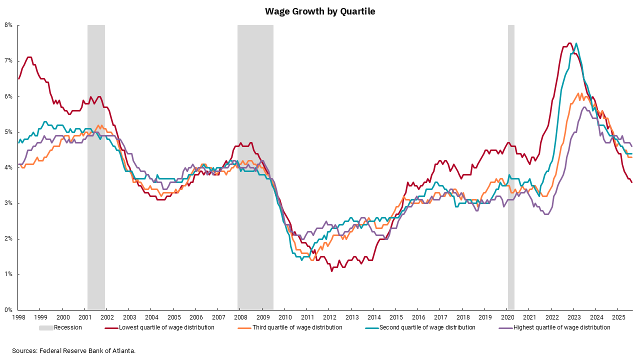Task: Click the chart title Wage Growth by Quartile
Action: point(320,11)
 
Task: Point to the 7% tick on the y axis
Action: point(9,61)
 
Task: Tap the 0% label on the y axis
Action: point(9,310)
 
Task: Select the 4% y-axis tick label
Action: point(9,168)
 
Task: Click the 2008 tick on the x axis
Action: point(240,317)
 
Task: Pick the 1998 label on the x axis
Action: point(18,317)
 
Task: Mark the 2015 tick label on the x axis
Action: point(395,317)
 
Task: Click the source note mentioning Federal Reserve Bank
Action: point(74,350)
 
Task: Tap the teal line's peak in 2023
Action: point(576,43)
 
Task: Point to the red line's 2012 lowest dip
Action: point(331,270)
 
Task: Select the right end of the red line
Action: point(631,182)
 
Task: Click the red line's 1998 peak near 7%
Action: point(29,57)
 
